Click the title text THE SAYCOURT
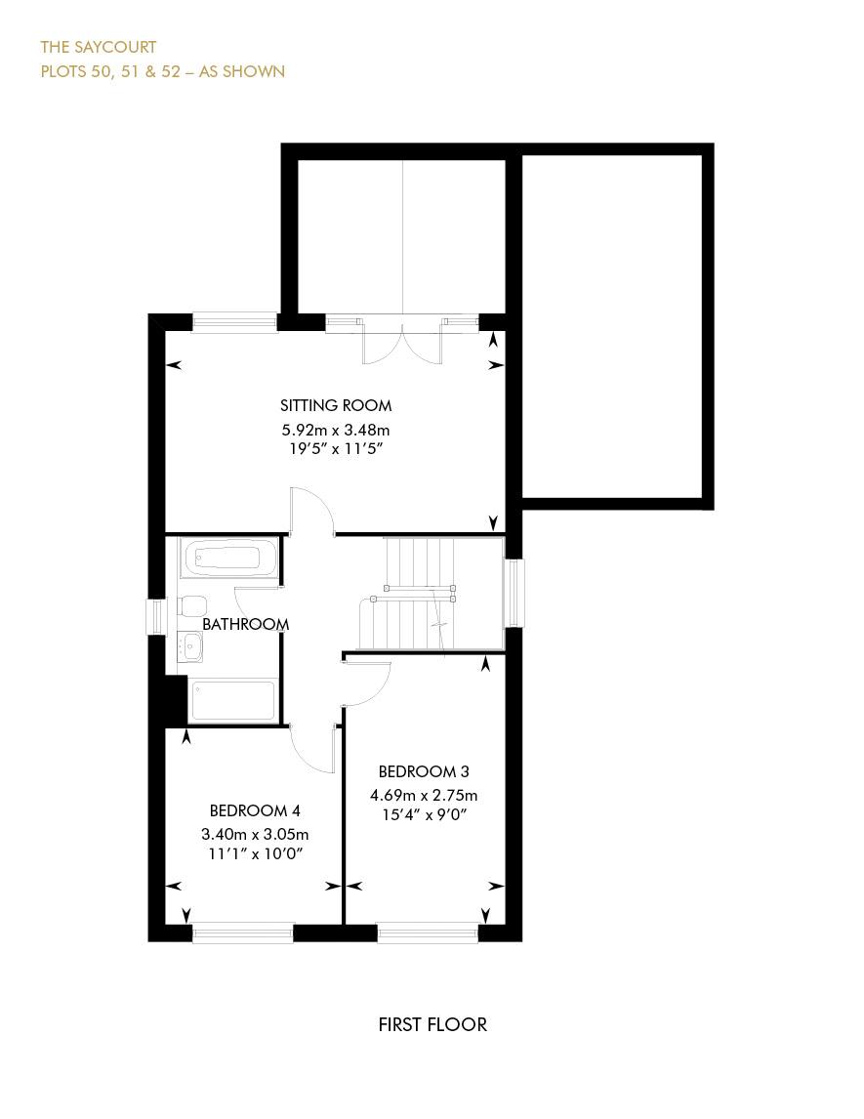click(98, 47)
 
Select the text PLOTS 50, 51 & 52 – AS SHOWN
click(162, 71)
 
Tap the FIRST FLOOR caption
click(432, 1024)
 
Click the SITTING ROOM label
click(336, 405)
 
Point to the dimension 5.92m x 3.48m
click(336, 430)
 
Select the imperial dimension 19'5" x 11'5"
click(336, 449)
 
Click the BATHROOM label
click(245, 624)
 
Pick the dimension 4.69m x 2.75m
click(424, 795)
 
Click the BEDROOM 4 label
click(255, 810)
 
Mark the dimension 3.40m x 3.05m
click(255, 834)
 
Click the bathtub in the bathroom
click(226, 559)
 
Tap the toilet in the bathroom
click(190, 605)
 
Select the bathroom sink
click(190, 645)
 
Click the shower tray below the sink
click(232, 700)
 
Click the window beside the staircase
click(514, 593)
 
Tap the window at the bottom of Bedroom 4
click(243, 933)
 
